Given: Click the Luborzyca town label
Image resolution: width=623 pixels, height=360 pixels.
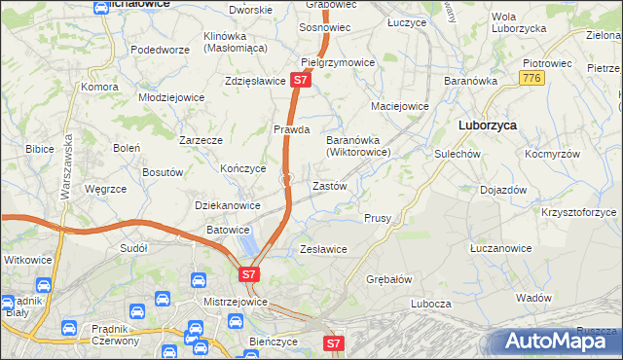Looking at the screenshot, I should (x=488, y=126).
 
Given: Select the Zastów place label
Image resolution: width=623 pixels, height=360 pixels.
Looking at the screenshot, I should (x=328, y=185).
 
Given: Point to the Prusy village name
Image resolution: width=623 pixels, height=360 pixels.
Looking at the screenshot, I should (x=378, y=218).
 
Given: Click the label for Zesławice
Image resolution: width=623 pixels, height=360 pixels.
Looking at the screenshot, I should (x=323, y=249).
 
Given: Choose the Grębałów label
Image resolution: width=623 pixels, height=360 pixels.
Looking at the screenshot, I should (x=390, y=278).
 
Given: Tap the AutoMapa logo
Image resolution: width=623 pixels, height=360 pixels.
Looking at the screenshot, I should (x=559, y=342).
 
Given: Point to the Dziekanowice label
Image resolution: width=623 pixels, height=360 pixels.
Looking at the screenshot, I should (x=228, y=205).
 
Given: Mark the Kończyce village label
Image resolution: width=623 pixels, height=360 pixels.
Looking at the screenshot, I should (x=243, y=167).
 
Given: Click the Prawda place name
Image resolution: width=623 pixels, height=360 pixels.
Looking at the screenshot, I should (x=291, y=128).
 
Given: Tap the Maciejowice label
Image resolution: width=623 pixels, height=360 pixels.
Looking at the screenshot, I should (x=399, y=106).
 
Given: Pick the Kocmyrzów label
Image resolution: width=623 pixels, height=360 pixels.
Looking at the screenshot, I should (x=552, y=154).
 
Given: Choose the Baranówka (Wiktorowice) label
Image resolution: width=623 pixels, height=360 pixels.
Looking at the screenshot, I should (x=357, y=145).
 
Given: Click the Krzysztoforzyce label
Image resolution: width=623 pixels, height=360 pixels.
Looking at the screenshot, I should (x=580, y=211).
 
